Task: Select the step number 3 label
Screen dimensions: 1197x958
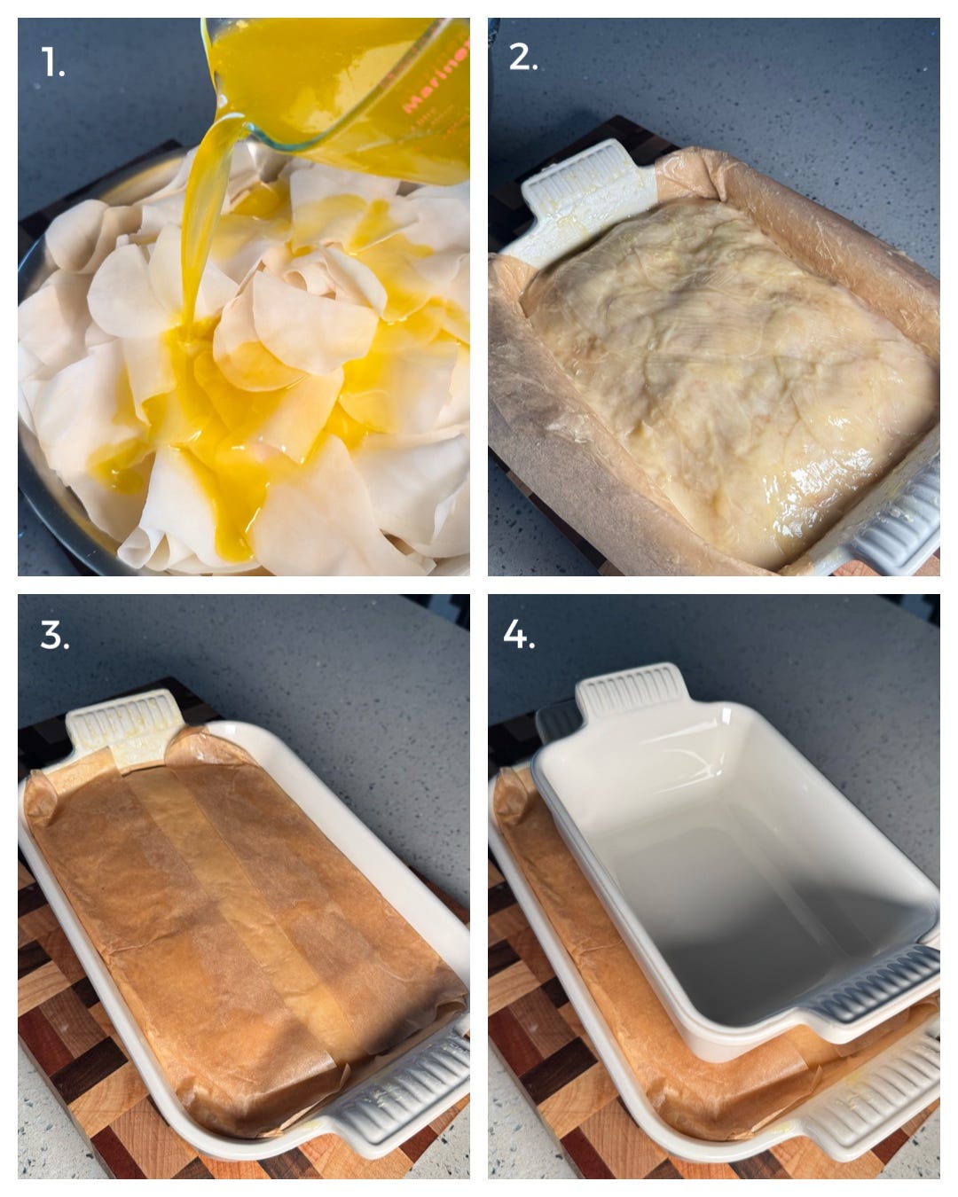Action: pyautogui.click(x=54, y=635)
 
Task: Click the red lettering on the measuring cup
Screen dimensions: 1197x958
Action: pyautogui.click(x=435, y=80)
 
